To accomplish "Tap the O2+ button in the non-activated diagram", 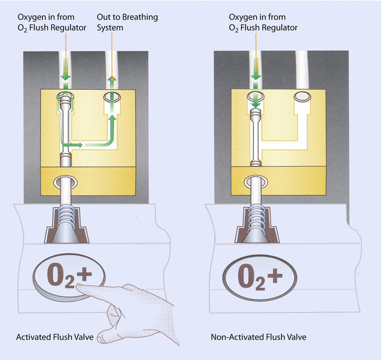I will (x=256, y=275).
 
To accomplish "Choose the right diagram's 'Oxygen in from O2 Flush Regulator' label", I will (x=264, y=23).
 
